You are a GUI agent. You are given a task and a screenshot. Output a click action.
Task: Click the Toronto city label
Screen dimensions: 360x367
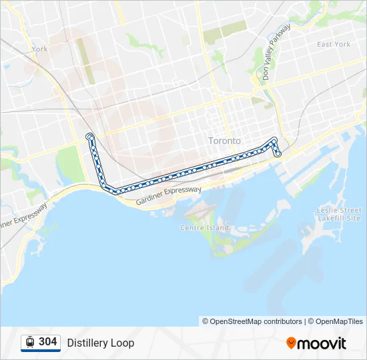click(x=224, y=141)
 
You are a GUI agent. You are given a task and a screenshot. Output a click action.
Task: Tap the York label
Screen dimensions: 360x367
click(x=39, y=49)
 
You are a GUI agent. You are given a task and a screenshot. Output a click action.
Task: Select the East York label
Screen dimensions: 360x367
click(x=334, y=44)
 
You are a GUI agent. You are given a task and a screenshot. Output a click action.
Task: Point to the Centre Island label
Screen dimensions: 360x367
click(x=204, y=227)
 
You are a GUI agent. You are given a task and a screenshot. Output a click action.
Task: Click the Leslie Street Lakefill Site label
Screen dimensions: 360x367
click(x=339, y=214)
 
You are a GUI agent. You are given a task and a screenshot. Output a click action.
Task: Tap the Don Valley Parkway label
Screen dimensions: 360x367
click(x=276, y=53)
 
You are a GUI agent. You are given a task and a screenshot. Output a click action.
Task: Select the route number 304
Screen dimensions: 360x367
click(x=48, y=341)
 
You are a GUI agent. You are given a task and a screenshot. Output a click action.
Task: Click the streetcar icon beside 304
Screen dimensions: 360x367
click(x=30, y=342)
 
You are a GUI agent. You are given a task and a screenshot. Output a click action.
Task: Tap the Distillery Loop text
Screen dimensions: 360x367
click(x=101, y=343)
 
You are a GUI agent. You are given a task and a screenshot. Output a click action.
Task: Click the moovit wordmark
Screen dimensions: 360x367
click(x=322, y=343)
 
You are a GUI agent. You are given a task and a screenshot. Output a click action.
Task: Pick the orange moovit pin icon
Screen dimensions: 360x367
click(x=291, y=343)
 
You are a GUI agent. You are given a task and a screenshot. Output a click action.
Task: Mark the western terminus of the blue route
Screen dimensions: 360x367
click(x=89, y=137)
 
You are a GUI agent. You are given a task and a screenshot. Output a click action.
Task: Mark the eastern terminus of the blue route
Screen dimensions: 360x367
click(x=278, y=154)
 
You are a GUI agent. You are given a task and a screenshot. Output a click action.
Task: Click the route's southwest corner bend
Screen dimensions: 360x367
click(x=110, y=190)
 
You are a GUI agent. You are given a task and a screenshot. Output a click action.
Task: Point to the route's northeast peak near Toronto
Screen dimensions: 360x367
click(x=274, y=139)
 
